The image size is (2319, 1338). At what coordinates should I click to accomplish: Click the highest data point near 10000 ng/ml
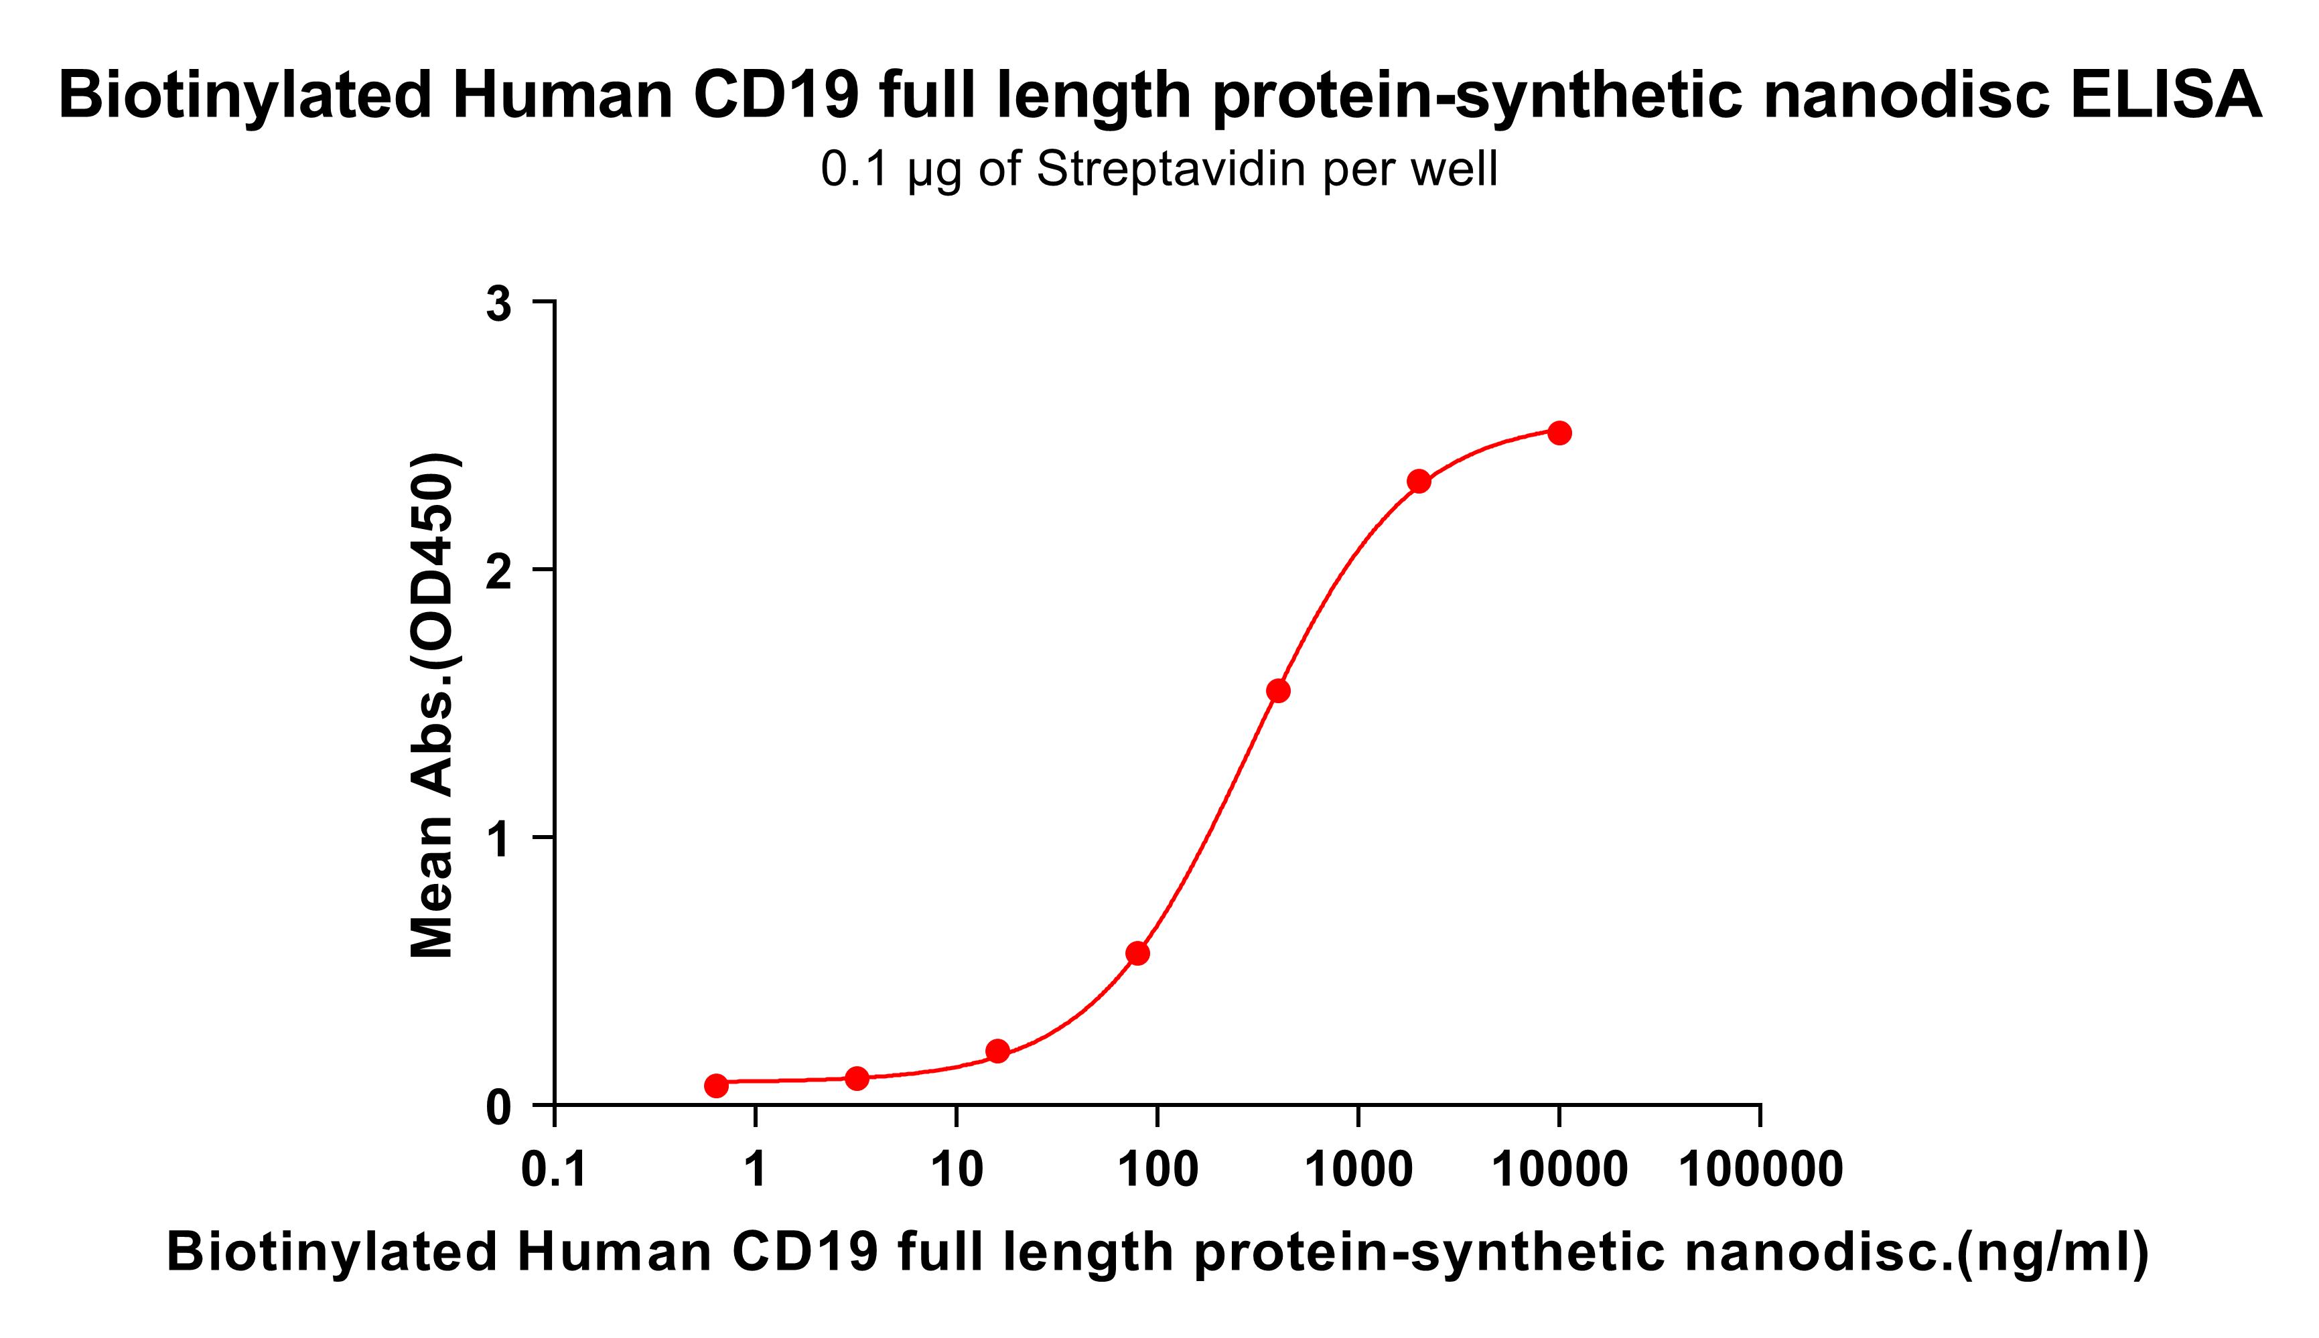tap(1559, 433)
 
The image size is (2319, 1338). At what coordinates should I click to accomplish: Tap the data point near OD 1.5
tap(1277, 691)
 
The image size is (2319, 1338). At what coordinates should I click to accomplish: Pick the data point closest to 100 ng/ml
tap(1137, 953)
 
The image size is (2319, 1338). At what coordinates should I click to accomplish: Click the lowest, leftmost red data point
tap(716, 1086)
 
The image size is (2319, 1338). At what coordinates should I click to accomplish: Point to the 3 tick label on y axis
tap(499, 304)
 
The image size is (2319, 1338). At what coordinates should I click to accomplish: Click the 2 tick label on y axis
tap(499, 572)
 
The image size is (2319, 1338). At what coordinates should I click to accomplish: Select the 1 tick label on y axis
tap(499, 839)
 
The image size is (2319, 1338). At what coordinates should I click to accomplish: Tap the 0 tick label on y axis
tap(499, 1108)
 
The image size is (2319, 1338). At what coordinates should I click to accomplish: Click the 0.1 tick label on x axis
tap(554, 1171)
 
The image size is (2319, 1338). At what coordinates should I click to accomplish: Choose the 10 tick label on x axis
tap(956, 1171)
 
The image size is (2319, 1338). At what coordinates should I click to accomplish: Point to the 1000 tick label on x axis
tap(1358, 1171)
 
